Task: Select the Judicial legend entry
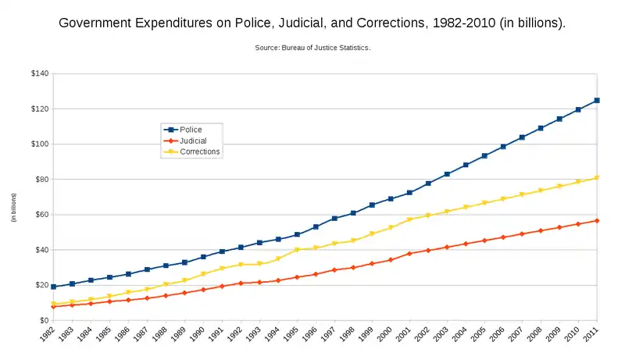(193, 141)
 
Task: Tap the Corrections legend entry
(199, 152)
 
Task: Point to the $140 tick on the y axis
(39, 73)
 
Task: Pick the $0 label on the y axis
(44, 320)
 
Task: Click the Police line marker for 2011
(597, 100)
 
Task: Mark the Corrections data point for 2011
(597, 178)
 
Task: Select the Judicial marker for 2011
(597, 221)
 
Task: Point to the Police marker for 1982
(53, 287)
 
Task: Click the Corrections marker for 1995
(297, 250)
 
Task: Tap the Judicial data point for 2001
(409, 254)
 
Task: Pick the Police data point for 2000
(391, 199)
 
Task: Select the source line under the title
(312, 48)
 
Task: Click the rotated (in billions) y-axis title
(13, 207)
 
